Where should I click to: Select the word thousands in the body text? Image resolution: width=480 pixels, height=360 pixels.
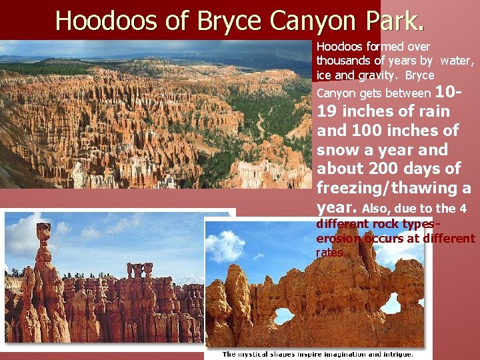point(346,61)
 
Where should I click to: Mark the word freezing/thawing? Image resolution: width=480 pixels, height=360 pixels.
point(389,188)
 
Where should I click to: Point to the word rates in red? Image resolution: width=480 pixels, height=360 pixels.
point(330,253)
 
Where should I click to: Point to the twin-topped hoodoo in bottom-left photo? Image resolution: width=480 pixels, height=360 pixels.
point(139,270)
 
